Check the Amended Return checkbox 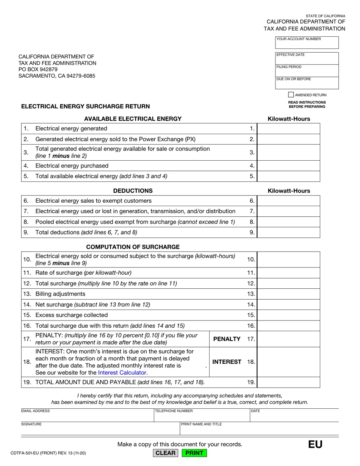tap(291, 95)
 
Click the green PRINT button tap(194, 453)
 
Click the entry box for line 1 tap(288, 129)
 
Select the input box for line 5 tap(288, 176)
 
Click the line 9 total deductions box tap(288, 232)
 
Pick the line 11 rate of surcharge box tap(288, 273)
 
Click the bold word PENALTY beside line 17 tap(227, 339)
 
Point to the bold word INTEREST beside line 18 tap(227, 362)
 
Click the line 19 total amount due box tap(288, 382)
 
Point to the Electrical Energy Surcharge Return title tap(85, 106)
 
